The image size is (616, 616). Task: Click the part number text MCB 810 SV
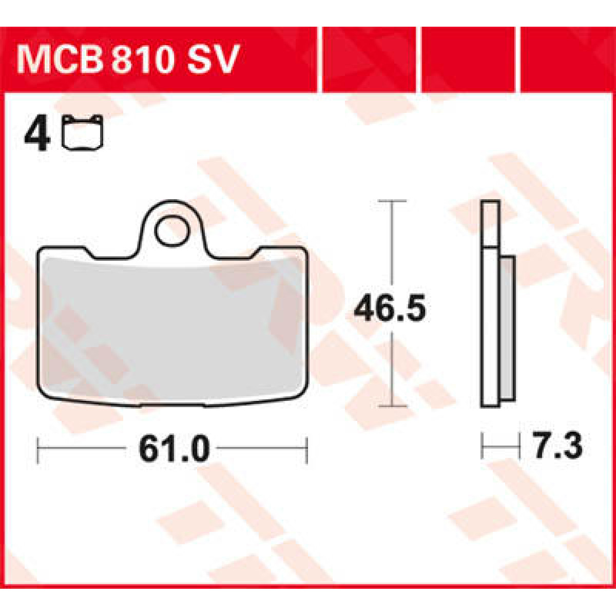[128, 60]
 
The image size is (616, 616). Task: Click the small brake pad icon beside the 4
[83, 132]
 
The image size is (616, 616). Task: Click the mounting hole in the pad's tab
[171, 232]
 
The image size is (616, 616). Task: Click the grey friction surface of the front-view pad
[172, 329]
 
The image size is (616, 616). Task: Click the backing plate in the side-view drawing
[490, 329]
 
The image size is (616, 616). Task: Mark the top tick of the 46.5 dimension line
[393, 201]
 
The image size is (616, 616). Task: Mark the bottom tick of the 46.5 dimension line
[393, 406]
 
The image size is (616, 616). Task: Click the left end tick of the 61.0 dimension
[39, 450]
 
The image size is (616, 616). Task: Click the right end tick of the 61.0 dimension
[306, 450]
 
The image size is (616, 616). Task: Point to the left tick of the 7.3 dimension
[483, 446]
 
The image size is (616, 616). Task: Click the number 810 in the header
[140, 60]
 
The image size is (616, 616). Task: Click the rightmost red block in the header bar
[567, 60]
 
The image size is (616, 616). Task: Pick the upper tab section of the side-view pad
[490, 223]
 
